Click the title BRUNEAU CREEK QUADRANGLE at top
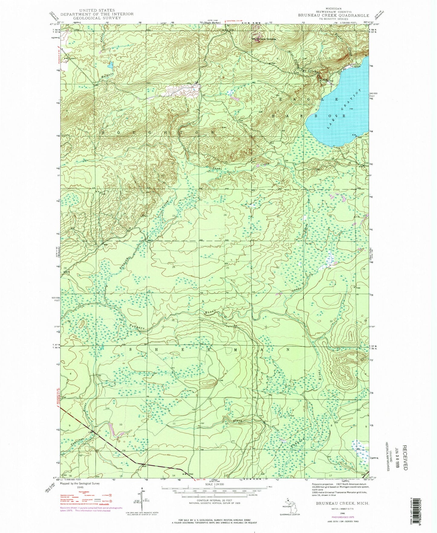338,15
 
